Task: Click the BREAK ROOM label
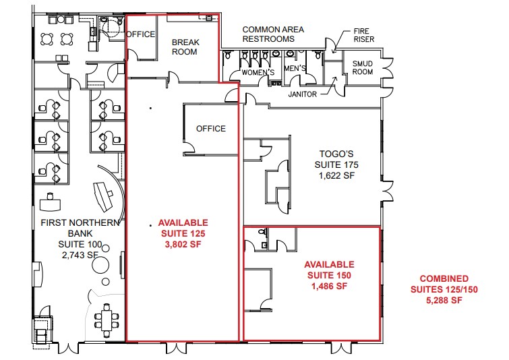[184, 47]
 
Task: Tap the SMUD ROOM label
[363, 67]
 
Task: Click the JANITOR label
[302, 94]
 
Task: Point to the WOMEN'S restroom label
[258, 72]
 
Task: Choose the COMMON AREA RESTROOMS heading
[272, 34]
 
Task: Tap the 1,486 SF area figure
[328, 286]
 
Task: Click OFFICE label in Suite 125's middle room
[210, 128]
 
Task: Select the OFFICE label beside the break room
[142, 34]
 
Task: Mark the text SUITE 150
[328, 275]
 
